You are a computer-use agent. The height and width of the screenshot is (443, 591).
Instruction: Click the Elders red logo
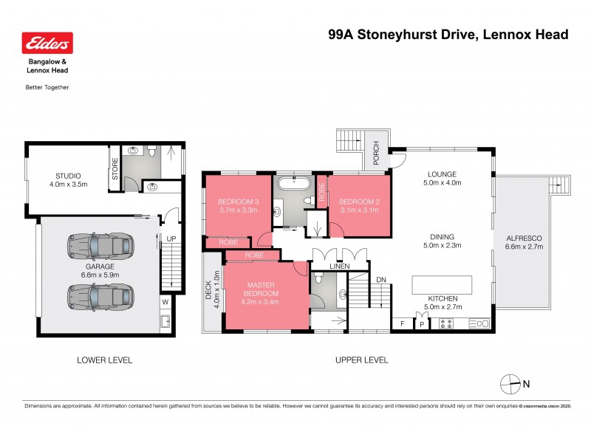point(48,44)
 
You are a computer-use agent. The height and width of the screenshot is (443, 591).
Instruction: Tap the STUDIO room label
point(68,176)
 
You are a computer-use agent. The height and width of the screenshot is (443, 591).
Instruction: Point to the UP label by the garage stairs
point(171,238)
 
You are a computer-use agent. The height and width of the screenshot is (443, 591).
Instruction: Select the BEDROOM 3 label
point(238,202)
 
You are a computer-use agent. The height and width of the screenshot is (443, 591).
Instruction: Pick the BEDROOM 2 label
point(358,202)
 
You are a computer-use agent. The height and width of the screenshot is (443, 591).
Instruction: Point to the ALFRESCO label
point(524,238)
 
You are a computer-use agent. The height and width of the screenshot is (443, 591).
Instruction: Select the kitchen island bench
point(441,285)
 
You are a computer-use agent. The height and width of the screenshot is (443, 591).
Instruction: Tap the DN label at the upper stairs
point(381,279)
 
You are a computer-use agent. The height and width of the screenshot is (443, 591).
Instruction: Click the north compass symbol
point(511,383)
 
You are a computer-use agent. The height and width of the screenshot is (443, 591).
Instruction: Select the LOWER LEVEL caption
point(104,360)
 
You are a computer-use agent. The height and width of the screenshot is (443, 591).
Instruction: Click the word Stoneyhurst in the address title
point(400,34)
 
